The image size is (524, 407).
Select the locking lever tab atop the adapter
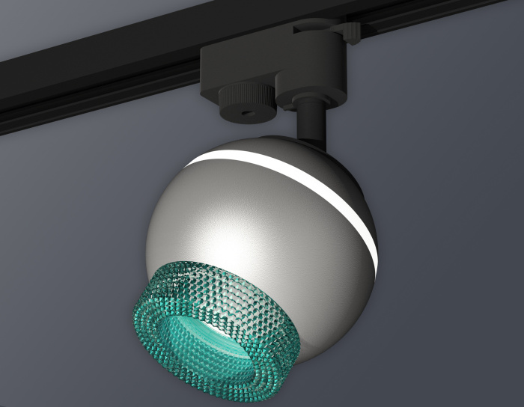pos(350,31)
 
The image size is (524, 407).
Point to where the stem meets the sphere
pos(309,139)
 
